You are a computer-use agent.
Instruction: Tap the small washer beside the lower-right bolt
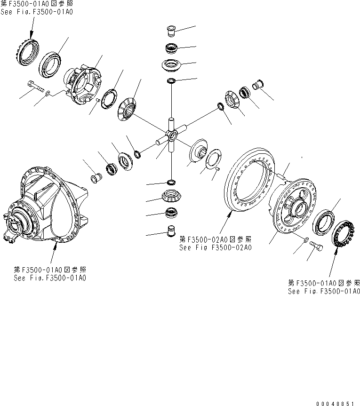coord(306,240)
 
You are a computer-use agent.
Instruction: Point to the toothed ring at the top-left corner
coord(26,51)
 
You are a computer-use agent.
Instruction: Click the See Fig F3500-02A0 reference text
coord(215,247)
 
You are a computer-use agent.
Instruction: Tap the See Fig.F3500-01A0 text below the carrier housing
coord(50,278)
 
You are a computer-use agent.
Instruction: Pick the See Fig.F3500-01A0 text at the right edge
coord(324,291)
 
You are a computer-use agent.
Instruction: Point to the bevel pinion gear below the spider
coord(171,194)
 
